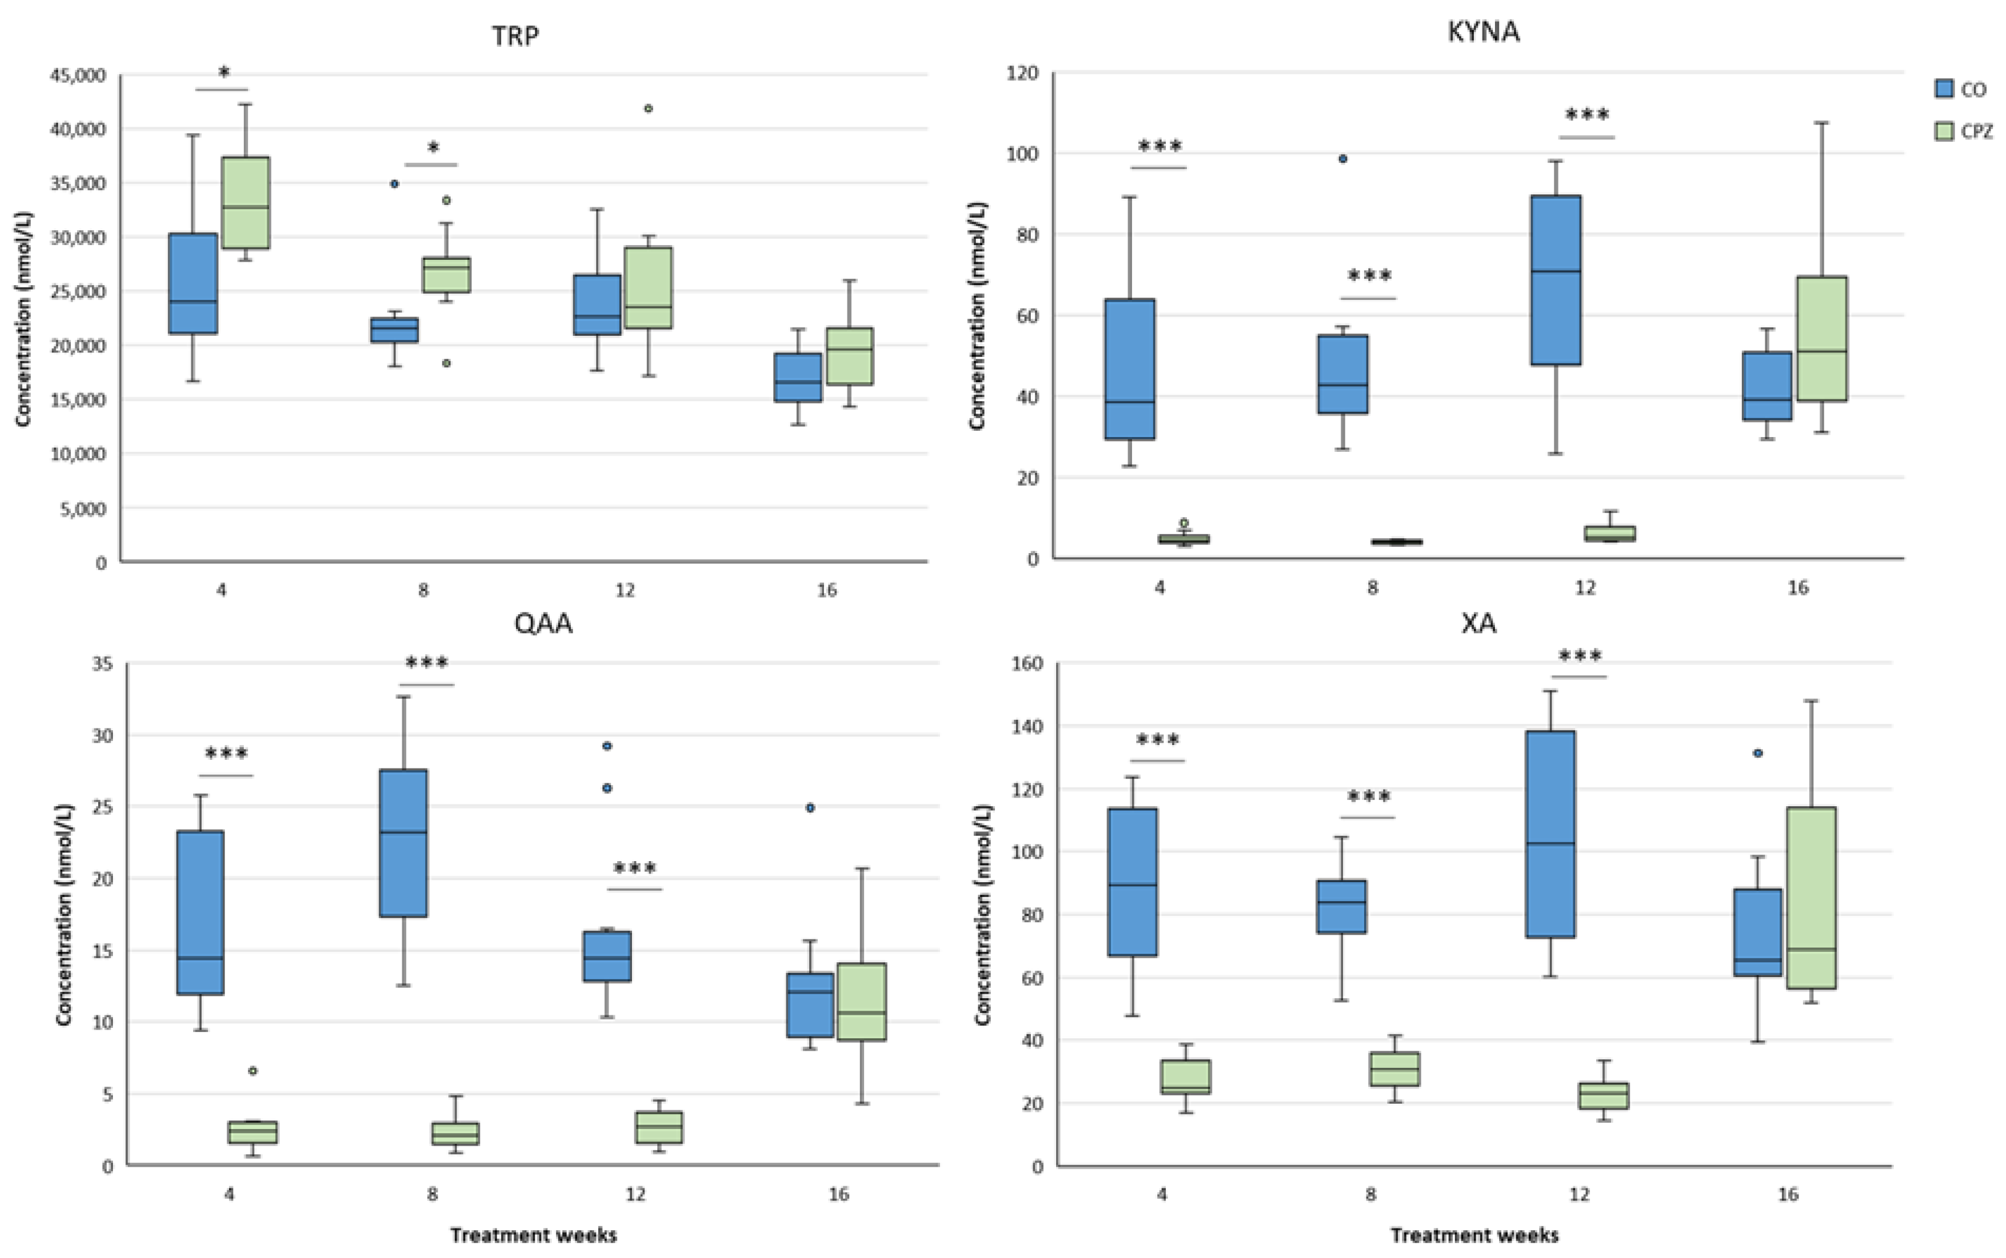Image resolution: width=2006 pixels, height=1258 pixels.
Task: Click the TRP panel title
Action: [x=515, y=36]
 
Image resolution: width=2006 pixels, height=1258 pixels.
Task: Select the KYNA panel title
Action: [x=1483, y=31]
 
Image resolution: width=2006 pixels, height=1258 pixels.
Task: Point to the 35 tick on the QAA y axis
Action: [x=102, y=664]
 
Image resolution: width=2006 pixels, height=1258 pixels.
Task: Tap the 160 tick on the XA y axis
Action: [x=1026, y=664]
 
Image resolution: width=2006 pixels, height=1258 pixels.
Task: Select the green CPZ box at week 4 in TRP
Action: [x=246, y=202]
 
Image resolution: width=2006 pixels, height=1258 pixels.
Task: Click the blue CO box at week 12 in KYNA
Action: [x=1557, y=280]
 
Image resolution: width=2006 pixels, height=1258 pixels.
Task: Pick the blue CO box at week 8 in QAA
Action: [x=404, y=843]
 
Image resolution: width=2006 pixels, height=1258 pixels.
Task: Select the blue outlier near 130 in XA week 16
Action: [x=1757, y=753]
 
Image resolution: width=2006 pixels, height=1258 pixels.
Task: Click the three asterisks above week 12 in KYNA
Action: [x=1587, y=115]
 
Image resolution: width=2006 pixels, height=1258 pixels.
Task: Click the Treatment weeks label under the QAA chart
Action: [x=533, y=1235]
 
